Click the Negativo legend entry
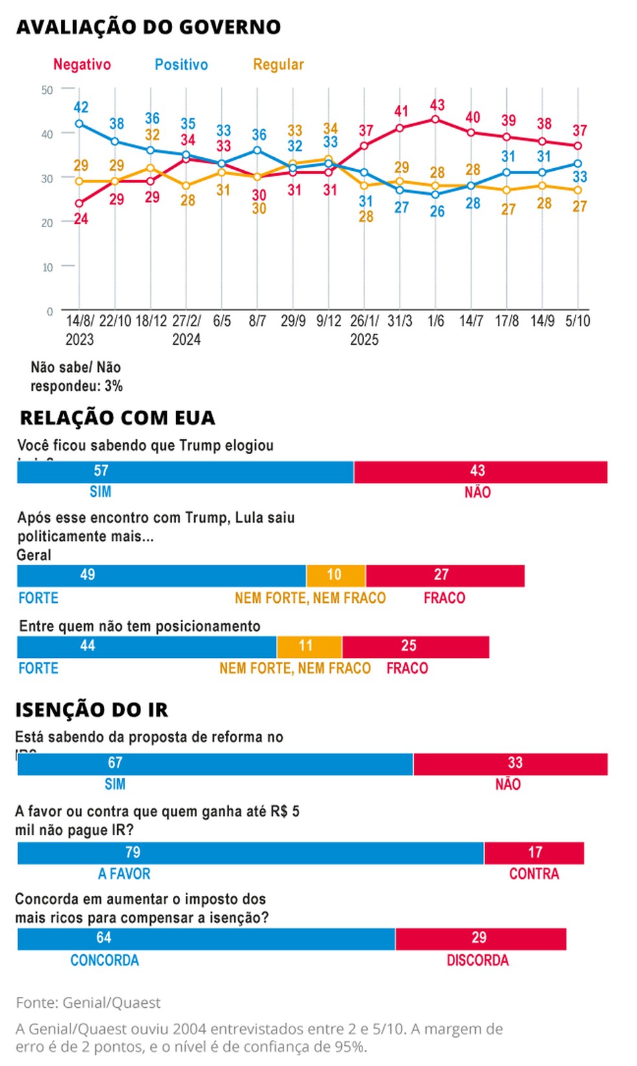(x=82, y=65)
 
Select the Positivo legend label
(x=181, y=65)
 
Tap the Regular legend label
(x=278, y=65)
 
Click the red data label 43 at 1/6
(x=437, y=105)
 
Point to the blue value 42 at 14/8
(x=81, y=107)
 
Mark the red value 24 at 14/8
(x=81, y=219)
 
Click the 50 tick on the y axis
(x=47, y=90)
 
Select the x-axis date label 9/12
(x=329, y=321)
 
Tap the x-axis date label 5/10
(x=577, y=321)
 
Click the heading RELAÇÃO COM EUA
(x=117, y=418)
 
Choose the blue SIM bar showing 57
(x=185, y=472)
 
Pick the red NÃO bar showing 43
(x=480, y=472)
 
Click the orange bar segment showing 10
(x=335, y=575)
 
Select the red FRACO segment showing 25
(x=415, y=646)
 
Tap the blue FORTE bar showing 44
(x=146, y=646)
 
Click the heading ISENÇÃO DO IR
(x=91, y=710)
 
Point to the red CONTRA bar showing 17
(x=533, y=853)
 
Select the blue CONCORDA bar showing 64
(x=206, y=939)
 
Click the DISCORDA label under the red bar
(x=477, y=961)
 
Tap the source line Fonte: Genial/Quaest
(x=88, y=1003)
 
